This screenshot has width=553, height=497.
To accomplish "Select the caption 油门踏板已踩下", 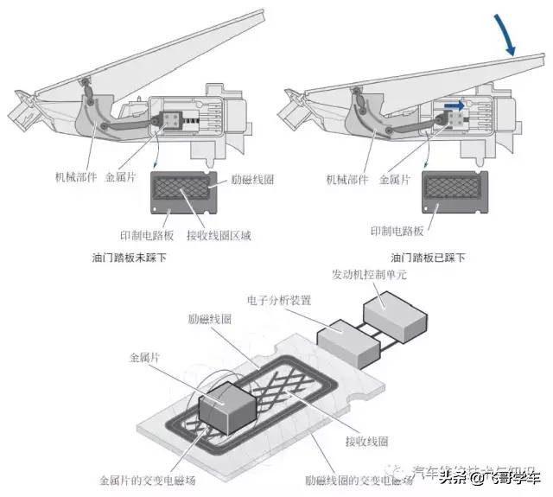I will click(x=429, y=258).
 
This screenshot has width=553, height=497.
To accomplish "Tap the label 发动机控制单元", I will click(x=370, y=274).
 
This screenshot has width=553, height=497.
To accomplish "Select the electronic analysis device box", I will click(x=349, y=344).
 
